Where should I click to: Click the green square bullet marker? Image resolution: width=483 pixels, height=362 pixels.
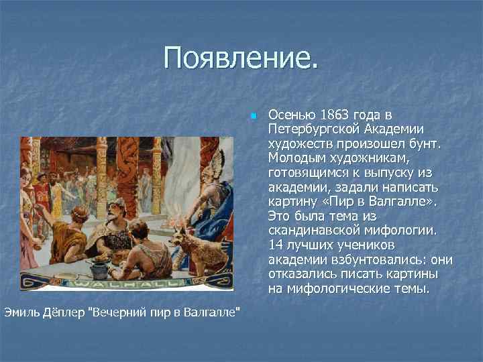pos(253,116)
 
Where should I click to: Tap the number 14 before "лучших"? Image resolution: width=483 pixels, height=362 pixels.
pos(274,245)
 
